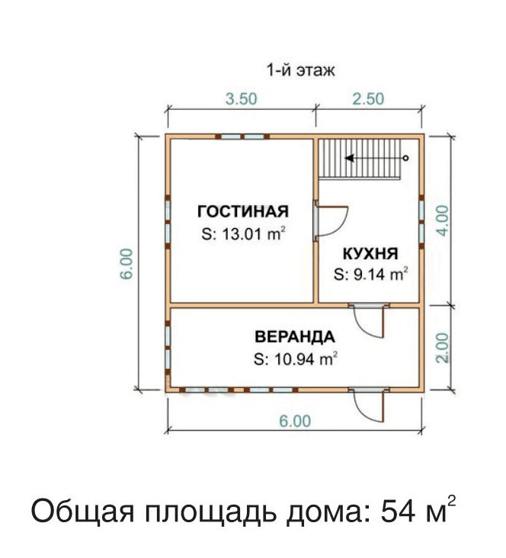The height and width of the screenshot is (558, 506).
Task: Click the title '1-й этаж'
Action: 300,70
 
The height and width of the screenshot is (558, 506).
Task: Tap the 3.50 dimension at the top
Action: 242,98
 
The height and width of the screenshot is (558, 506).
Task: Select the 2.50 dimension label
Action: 368,98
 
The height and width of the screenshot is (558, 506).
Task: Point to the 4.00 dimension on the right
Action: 443,220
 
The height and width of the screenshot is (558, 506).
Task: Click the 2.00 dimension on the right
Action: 443,348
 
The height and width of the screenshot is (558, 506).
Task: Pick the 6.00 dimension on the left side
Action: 126,264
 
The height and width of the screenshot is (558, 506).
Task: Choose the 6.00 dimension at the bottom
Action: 295,421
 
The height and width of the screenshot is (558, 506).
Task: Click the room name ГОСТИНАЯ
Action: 243,211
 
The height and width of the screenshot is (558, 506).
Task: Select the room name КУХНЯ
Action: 370,254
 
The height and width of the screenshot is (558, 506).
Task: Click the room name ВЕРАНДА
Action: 295,337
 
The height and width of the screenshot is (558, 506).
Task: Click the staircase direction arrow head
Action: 350,158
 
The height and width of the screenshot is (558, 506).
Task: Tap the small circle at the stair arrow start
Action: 405,158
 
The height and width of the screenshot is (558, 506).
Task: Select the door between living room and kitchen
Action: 330,221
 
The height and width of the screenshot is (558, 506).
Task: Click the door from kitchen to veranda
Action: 369,320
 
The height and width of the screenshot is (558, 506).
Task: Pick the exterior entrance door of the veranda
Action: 369,405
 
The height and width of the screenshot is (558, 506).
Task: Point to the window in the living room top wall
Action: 242,136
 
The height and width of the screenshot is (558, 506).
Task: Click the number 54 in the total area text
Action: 398,511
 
